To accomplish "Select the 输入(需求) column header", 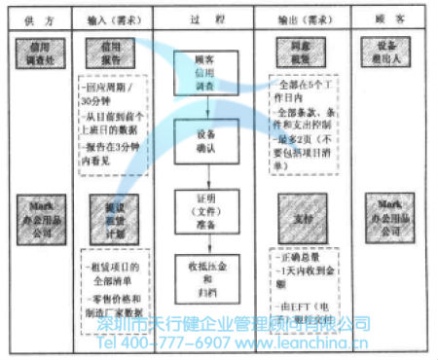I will pos(115,18).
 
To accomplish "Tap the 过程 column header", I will pos(204,18).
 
